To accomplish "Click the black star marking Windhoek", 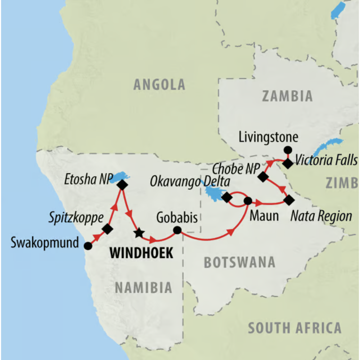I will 139,233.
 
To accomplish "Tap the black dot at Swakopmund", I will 87,246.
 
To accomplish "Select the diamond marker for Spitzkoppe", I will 107,229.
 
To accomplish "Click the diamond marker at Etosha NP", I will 122,185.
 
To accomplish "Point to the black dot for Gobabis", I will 177,230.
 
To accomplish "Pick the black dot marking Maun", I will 248,201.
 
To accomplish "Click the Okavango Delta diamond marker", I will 226,197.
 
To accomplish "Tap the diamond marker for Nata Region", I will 288,200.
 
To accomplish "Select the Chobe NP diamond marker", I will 263,177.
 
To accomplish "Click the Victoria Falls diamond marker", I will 287,164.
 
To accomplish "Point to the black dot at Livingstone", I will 287,150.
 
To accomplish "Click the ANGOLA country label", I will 159,85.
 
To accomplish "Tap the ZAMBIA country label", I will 287,96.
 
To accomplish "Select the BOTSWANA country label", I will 239,262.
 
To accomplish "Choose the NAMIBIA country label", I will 143,288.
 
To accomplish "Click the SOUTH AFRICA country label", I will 294,328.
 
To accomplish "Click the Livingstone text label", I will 268,138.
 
